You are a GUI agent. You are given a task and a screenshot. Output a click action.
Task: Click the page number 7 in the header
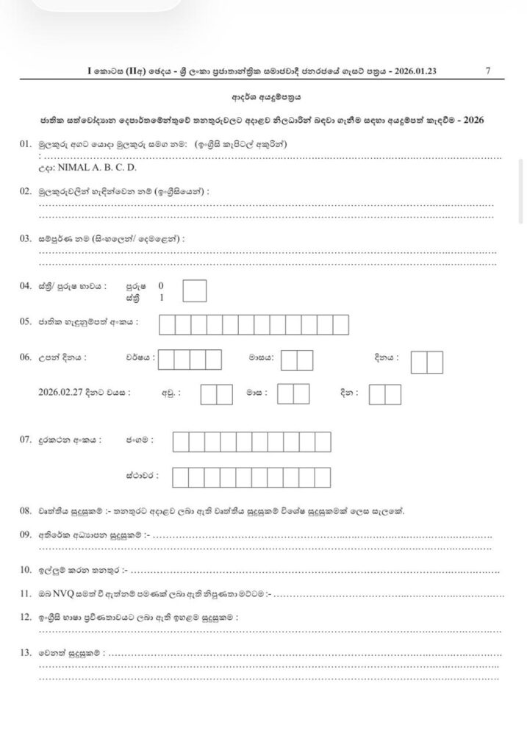point(488,71)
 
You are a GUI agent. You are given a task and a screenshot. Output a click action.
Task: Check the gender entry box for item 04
point(195,291)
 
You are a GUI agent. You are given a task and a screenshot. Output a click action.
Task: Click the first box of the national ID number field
point(167,324)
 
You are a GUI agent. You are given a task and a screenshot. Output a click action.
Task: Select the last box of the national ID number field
point(340,324)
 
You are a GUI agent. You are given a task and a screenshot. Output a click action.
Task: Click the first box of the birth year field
point(166,359)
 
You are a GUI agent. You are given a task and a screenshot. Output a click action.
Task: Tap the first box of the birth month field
point(289,359)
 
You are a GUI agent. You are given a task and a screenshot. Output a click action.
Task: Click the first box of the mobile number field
point(180,441)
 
